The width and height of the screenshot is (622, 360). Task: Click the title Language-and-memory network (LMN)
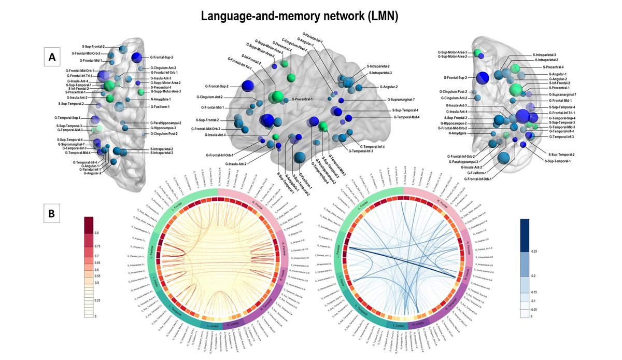click(299, 16)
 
